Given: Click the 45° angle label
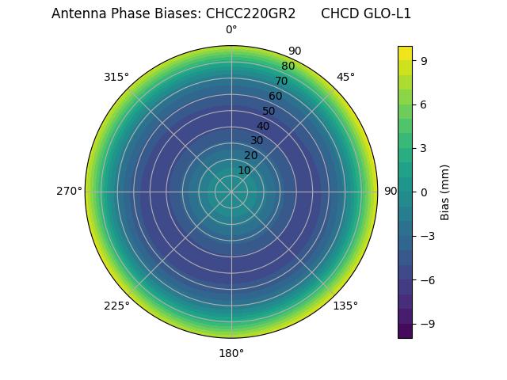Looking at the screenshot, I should coord(345,78).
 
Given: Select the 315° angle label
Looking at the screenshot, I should coord(116,78).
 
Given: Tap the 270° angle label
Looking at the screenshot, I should coord(69,192).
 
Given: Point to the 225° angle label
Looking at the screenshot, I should coord(116,306).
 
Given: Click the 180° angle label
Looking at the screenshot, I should coord(231,353).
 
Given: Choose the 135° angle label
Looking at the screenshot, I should coord(345,306).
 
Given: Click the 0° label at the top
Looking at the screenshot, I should coord(231,30).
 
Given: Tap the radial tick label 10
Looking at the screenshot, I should coord(245,171).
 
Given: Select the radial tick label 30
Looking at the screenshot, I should coord(257,141).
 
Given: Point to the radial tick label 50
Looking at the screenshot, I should coord(269,112).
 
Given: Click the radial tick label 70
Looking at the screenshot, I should coord(281,82).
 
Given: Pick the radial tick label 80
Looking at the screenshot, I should coord(288,66).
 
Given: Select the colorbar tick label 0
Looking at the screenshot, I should coord(425,192).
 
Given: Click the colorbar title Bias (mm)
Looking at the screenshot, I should coord(445,192).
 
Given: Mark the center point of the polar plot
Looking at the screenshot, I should coord(231,192).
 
